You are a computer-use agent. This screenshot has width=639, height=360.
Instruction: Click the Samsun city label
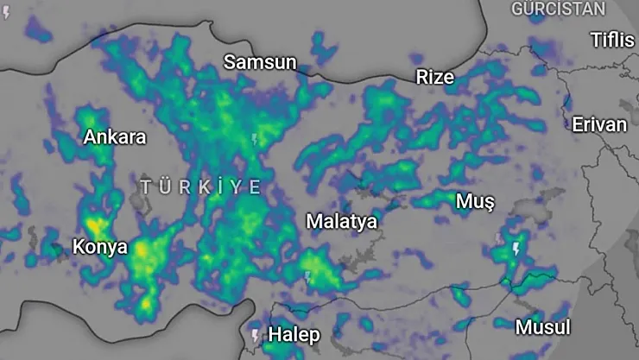pos(260,62)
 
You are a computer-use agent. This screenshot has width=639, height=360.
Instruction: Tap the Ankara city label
pos(115,137)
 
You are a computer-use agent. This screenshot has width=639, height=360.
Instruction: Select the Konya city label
pos(99,247)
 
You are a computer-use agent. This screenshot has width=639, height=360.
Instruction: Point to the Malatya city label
pos(341,221)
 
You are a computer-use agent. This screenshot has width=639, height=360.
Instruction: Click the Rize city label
pos(434,78)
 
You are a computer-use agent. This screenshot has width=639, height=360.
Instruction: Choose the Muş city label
pos(475,202)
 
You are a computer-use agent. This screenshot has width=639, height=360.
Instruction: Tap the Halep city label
pos(294,334)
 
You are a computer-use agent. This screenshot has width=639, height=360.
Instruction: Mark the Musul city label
pos(542,327)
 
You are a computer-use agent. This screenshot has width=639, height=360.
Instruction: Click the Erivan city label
pos(599,124)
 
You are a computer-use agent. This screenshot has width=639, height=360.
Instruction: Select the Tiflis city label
pos(611,40)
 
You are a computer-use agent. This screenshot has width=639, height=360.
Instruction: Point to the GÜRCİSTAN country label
pos(559,9)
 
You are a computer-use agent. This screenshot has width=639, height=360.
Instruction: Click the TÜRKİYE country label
pos(201,186)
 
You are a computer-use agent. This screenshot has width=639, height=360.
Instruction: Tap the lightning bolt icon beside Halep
pos(255,334)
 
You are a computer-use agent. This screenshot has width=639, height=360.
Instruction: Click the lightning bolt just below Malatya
pos(307,277)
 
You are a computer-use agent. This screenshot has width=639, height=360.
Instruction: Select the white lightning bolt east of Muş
pos(516,249)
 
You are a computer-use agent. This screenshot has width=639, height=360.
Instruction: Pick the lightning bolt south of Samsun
pos(253,138)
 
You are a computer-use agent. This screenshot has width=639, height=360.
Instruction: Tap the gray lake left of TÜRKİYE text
pos(136,199)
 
